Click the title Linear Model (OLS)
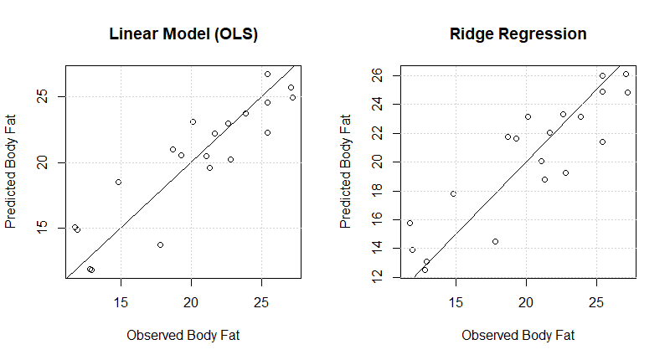[x=183, y=34]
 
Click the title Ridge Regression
[x=518, y=34]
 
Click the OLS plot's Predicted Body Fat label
[x=11, y=172]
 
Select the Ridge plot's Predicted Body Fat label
[x=346, y=172]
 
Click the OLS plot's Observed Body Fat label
[x=183, y=336]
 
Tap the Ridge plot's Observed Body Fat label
[x=518, y=336]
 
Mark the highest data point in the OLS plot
[x=267, y=74]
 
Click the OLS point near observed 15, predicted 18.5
[x=118, y=182]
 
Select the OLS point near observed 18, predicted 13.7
[x=160, y=244]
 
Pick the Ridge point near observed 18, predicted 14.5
[x=495, y=241]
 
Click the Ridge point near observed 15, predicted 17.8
[x=453, y=193]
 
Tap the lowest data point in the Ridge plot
[x=425, y=270]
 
